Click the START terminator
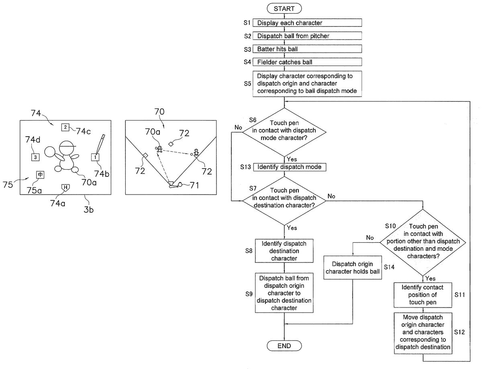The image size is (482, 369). point(284,8)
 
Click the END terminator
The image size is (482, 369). point(284,345)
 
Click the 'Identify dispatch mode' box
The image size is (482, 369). point(289,167)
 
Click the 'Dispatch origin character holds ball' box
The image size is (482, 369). point(353,268)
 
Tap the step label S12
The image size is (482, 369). point(460,332)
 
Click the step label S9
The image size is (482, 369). point(249,294)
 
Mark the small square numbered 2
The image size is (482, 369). point(65,127)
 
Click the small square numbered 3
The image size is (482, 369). point(35,157)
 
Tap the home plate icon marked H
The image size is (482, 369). point(64,187)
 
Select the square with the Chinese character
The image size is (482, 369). point(40,175)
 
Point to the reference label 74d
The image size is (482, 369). point(33,139)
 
